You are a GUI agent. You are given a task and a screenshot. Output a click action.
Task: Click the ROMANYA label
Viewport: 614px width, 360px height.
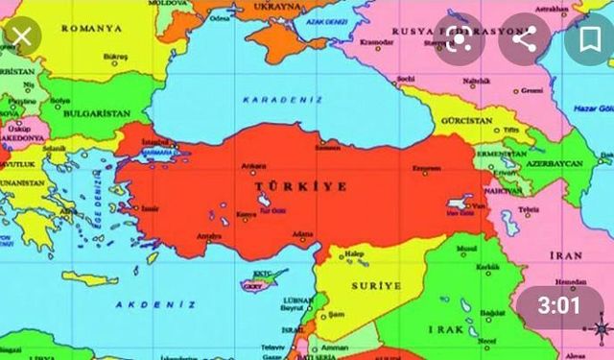pos(92,29)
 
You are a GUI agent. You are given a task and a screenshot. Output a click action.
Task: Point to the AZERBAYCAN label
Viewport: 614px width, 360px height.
pos(553,164)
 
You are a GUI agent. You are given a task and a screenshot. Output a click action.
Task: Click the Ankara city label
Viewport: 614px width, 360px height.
pos(254,165)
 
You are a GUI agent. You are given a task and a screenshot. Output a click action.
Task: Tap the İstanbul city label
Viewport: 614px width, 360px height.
pos(156,141)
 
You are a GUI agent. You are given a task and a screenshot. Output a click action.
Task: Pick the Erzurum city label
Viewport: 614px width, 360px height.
pos(426,169)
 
